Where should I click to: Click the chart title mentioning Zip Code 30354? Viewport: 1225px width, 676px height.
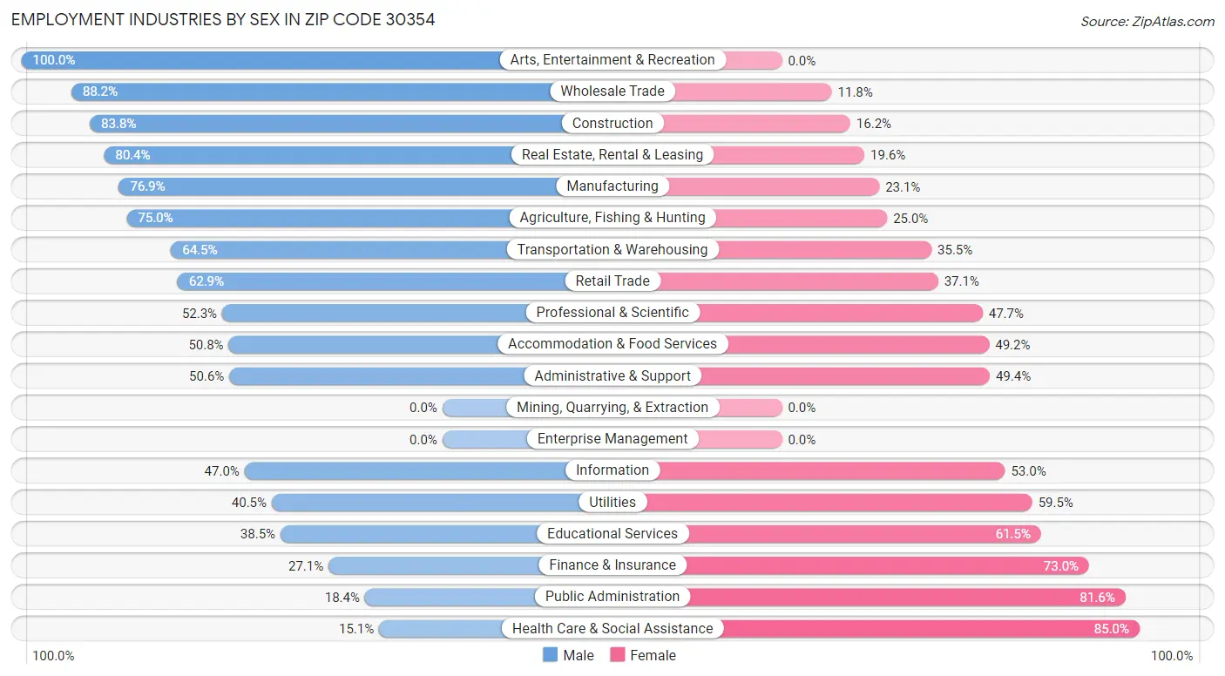coord(223,19)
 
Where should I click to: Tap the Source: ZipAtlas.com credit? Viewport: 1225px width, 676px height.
coord(1147,21)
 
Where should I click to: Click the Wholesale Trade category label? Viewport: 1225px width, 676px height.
coord(612,91)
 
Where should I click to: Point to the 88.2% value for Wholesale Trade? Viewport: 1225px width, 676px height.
coord(100,91)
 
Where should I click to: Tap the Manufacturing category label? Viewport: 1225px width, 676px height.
coord(612,186)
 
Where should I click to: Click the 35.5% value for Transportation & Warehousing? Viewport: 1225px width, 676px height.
coord(955,250)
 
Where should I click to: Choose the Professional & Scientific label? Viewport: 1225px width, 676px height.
coord(612,313)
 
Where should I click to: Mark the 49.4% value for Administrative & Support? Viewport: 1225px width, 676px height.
coord(1013,376)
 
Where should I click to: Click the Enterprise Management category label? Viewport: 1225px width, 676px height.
coord(612,439)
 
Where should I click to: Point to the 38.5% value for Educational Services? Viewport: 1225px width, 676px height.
coord(258,534)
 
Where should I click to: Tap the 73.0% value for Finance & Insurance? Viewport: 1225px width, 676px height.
coord(1060,566)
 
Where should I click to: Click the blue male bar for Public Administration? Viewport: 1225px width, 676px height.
coord(449,598)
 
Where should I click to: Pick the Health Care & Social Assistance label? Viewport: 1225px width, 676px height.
coord(612,629)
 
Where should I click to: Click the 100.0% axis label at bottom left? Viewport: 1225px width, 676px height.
coord(53,656)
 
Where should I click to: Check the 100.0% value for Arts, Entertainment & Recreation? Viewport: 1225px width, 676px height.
coord(54,60)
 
